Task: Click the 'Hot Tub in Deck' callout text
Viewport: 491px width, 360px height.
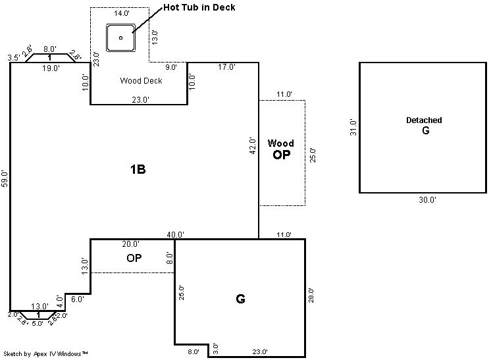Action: tap(199, 7)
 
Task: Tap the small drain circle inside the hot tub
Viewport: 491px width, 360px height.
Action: tap(121, 38)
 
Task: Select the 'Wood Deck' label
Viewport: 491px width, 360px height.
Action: tap(141, 81)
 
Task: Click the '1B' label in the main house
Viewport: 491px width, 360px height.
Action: tap(138, 169)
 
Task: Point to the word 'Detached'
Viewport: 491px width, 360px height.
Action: tap(424, 120)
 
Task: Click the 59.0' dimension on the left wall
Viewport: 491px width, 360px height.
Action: tap(5, 179)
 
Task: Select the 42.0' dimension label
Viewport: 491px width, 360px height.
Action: tap(253, 145)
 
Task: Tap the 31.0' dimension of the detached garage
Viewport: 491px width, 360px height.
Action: tap(353, 127)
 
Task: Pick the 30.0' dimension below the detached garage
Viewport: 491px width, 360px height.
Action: tap(427, 199)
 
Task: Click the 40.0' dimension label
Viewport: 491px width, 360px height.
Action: tap(175, 234)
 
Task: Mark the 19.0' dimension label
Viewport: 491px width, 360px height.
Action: tap(51, 68)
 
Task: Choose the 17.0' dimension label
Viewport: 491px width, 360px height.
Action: tap(226, 66)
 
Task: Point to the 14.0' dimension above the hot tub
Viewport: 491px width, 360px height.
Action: tap(122, 13)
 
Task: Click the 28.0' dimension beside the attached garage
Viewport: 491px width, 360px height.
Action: tap(311, 296)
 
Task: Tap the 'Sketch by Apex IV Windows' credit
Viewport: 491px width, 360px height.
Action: tap(45, 353)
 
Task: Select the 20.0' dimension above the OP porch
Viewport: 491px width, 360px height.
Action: tap(130, 244)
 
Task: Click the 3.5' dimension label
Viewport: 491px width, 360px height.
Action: tap(14, 58)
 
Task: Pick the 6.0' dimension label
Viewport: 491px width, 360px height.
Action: tap(78, 299)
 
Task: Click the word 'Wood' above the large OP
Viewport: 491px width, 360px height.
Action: tap(280, 143)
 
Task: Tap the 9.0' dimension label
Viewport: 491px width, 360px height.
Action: tap(171, 67)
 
